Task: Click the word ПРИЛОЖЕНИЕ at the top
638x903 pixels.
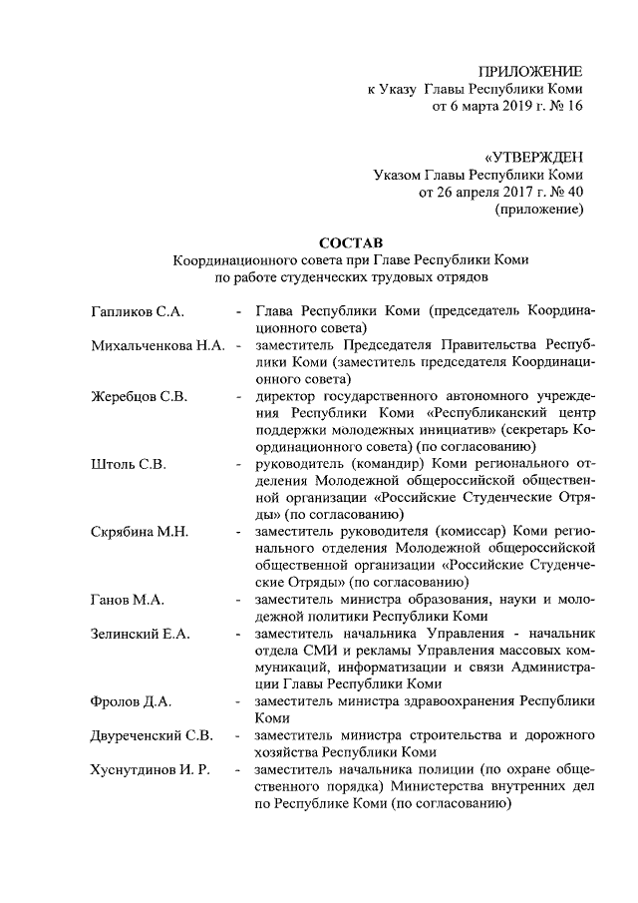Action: (530, 71)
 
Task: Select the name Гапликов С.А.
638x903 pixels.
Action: (137, 311)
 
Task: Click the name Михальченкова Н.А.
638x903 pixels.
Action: (157, 345)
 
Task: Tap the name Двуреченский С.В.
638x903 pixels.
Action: (151, 735)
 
